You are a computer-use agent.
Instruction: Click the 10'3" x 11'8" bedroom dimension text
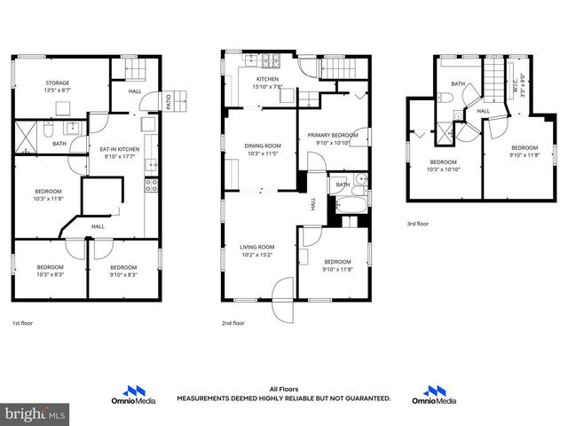48,198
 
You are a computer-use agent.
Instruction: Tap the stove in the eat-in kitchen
152,185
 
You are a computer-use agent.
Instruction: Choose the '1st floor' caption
23,324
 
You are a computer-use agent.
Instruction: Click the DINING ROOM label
263,146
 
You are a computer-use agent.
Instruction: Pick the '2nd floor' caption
233,324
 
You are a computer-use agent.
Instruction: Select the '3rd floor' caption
417,225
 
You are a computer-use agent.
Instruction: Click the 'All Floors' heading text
284,389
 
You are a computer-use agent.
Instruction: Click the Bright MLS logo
35,414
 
